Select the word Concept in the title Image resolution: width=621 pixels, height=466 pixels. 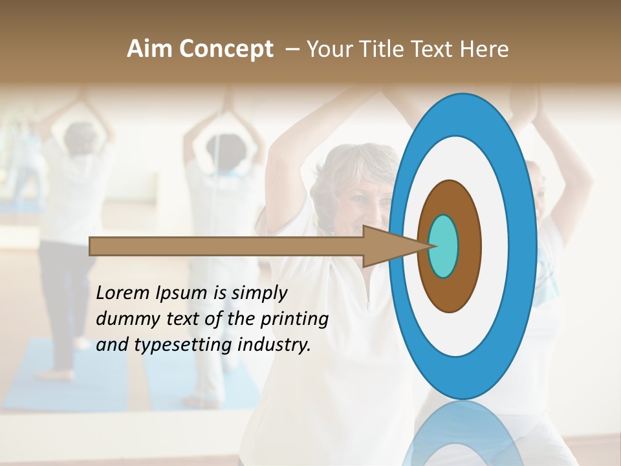pos(226,49)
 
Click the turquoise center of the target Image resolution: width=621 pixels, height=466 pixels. pos(443,246)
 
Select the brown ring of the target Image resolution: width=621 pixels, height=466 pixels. pos(468,246)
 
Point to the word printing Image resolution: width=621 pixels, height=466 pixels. pos(294,320)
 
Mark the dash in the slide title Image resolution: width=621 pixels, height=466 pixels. pos(292,50)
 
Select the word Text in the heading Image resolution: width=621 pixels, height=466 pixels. pos(430,49)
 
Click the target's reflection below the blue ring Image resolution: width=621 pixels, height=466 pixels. pos(463,434)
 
